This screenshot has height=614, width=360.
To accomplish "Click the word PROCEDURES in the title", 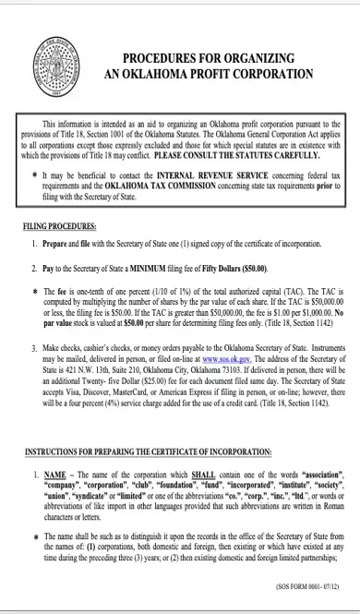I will [151, 56].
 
